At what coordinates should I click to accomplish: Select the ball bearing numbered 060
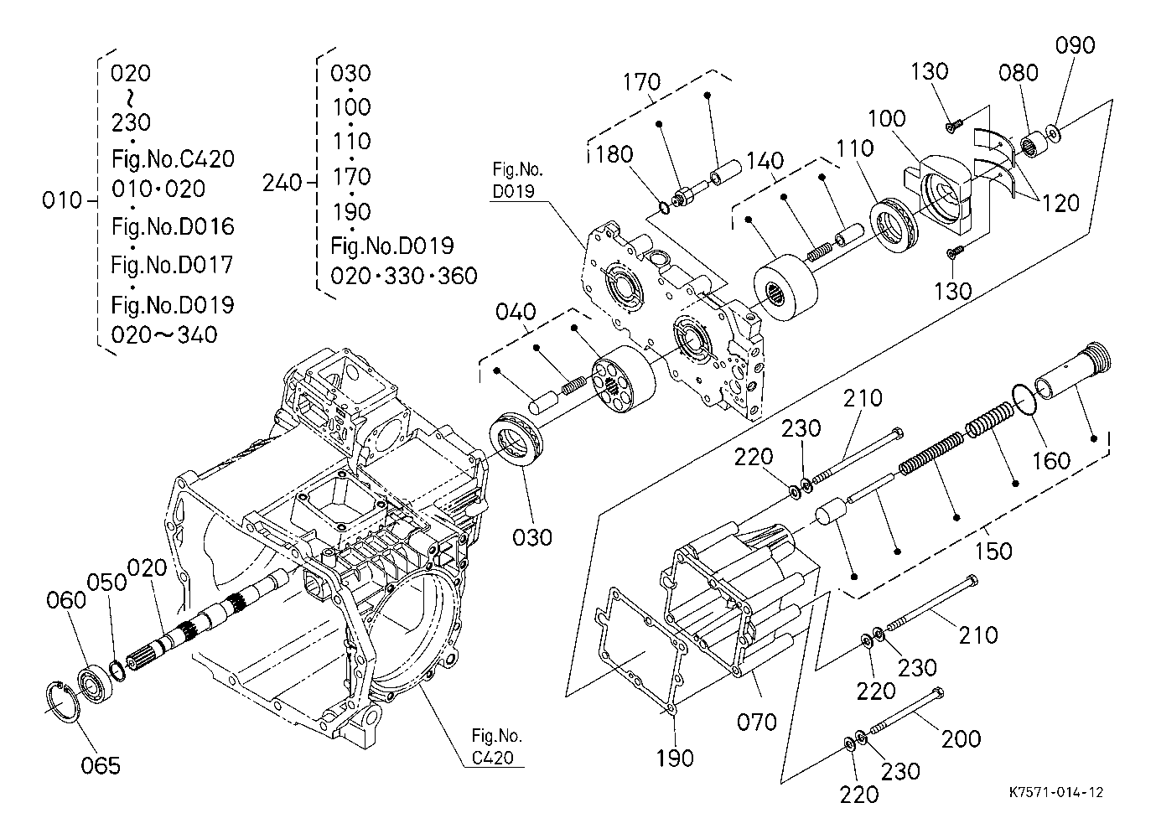pyautogui.click(x=96, y=686)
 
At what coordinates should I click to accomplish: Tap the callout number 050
pyautogui.click(x=106, y=582)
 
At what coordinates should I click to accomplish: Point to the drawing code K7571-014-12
pyautogui.click(x=1056, y=792)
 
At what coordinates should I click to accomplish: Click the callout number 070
pyautogui.click(x=757, y=722)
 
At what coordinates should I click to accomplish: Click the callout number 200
pyautogui.click(x=961, y=739)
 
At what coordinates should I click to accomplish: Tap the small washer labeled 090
pyautogui.click(x=1052, y=133)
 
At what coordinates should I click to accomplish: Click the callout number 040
pyautogui.click(x=516, y=312)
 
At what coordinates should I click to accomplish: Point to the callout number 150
pyautogui.click(x=993, y=551)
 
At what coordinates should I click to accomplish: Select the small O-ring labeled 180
pyautogui.click(x=665, y=208)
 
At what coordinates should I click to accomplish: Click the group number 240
pyautogui.click(x=282, y=183)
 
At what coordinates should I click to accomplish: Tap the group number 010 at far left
pyautogui.click(x=62, y=199)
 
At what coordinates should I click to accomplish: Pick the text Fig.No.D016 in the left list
pyautogui.click(x=173, y=226)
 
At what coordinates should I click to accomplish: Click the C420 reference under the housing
pyautogui.click(x=493, y=758)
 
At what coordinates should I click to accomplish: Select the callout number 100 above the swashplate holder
pyautogui.click(x=887, y=119)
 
